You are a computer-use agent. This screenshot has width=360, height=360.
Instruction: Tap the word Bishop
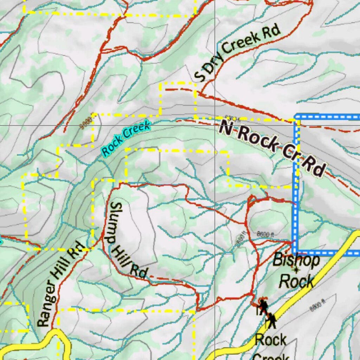296,261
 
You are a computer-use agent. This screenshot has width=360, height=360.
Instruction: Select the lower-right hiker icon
271,321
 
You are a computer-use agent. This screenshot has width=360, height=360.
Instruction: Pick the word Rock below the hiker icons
271,340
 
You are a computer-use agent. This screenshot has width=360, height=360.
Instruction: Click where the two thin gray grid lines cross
215,125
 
